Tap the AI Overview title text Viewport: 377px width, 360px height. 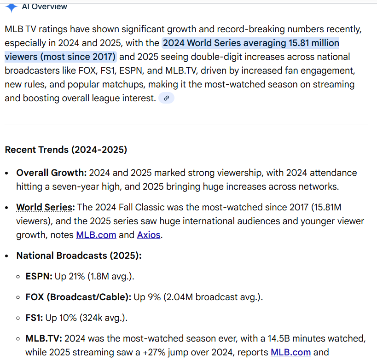[x=44, y=6]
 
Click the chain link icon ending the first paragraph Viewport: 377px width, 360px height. [x=166, y=98]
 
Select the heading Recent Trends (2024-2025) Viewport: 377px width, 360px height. [x=66, y=150]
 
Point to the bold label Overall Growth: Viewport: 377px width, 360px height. [x=51, y=173]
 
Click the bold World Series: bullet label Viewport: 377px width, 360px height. [x=47, y=207]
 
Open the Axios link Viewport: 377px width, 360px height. [x=149, y=235]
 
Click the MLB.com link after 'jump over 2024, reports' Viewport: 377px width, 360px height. [x=290, y=353]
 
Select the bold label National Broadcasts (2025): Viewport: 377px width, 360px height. [x=79, y=255]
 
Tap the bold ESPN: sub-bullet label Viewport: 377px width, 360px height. [x=39, y=277]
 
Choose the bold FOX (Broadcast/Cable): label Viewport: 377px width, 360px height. [x=78, y=297]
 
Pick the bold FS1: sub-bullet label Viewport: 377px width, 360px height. [x=35, y=318]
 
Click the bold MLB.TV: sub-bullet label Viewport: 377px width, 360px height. [x=44, y=339]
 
